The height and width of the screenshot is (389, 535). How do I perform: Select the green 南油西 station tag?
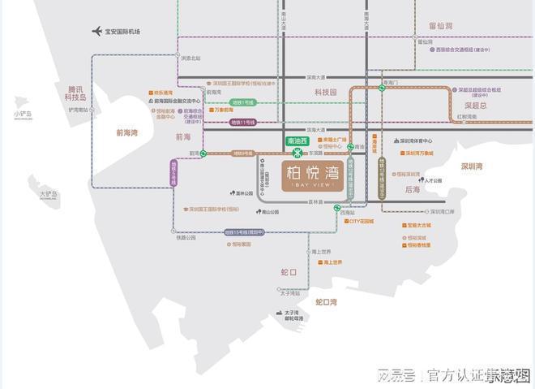pyautogui.click(x=298, y=140)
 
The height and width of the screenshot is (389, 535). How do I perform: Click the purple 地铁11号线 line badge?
pyautogui.click(x=243, y=122)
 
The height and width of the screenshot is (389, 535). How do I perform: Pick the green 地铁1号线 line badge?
pyautogui.click(x=242, y=102)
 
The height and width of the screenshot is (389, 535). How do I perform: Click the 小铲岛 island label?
pyautogui.click(x=23, y=115)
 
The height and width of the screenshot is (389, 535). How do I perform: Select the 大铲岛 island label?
pyautogui.click(x=49, y=195)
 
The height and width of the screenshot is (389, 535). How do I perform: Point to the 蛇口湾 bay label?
pyautogui.click(x=326, y=302)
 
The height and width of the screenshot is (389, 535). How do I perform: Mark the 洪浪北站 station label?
pyautogui.click(x=190, y=58)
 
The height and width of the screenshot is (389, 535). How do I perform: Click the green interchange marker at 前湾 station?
pyautogui.click(x=203, y=153)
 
